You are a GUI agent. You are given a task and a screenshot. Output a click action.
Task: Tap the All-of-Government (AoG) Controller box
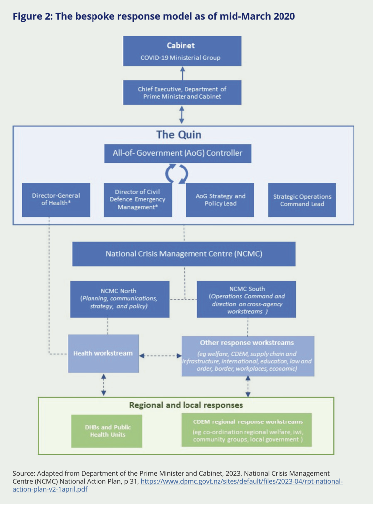pyautogui.click(x=178, y=153)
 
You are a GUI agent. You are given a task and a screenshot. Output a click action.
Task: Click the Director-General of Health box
pyautogui.click(x=56, y=200)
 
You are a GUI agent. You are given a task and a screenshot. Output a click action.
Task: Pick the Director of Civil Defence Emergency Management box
pyautogui.click(x=138, y=200)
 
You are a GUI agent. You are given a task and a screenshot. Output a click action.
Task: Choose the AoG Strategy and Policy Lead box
pyautogui.click(x=220, y=200)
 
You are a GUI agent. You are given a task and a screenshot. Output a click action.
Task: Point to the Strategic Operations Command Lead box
pyautogui.click(x=302, y=200)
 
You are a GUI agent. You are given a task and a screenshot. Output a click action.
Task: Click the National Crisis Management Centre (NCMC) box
pyautogui.click(x=184, y=254)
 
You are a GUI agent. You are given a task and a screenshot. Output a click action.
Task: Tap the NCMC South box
pyautogui.click(x=246, y=299)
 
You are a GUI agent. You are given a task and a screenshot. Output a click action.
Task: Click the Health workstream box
pyautogui.click(x=102, y=353)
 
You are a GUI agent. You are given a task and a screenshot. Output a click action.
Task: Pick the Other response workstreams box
pyautogui.click(x=248, y=356)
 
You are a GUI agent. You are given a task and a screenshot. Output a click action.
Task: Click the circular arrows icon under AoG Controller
pyautogui.click(x=178, y=173)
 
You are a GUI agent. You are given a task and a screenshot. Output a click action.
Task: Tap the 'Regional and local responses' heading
pyautogui.click(x=186, y=405)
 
